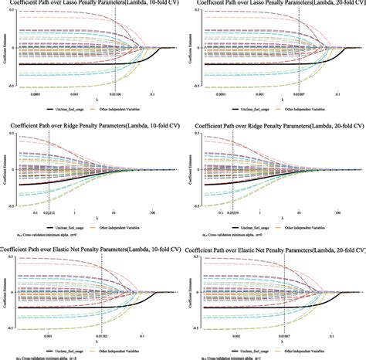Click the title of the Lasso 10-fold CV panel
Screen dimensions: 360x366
(92, 4)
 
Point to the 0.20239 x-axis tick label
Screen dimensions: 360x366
(229, 213)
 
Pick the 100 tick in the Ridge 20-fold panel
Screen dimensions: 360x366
(336, 213)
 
